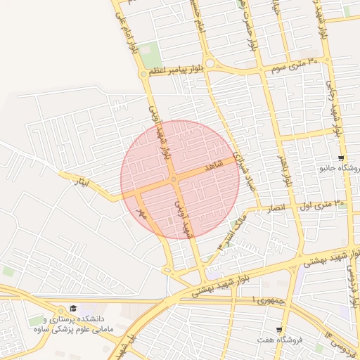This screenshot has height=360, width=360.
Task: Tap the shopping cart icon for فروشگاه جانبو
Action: point(341,158)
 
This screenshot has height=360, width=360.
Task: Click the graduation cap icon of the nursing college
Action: point(73,309)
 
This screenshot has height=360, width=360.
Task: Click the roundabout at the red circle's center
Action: point(174,180)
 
